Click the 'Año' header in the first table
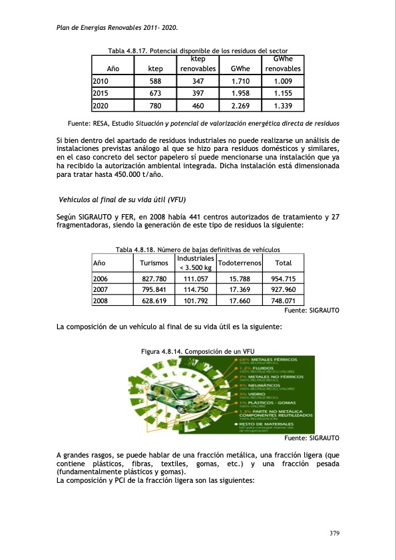tap(113, 69)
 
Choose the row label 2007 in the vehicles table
tap(100, 290)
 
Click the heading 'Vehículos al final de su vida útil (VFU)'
tap(122, 199)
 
